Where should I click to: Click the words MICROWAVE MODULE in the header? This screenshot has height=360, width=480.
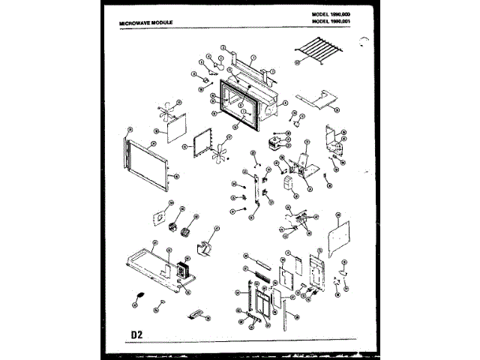[147, 24]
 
